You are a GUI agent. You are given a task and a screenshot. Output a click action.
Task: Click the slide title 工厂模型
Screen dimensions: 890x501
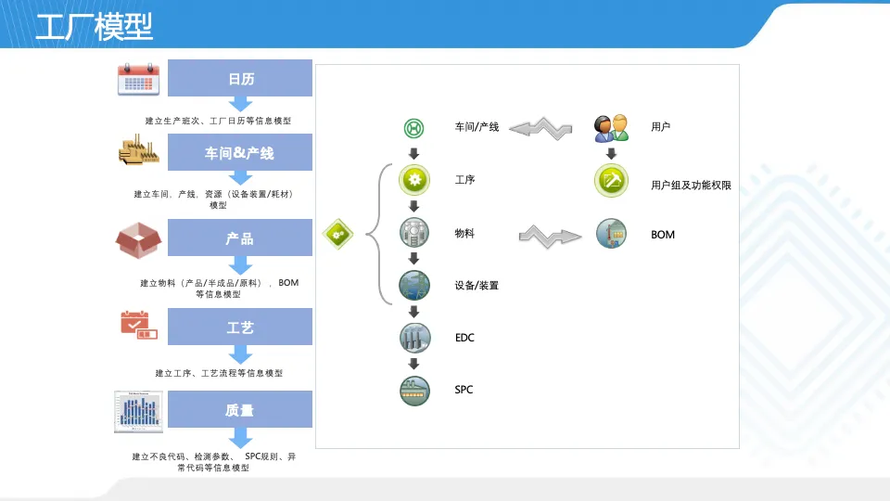coord(95,26)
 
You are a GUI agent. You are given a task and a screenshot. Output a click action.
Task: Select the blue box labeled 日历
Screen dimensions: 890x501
coord(240,78)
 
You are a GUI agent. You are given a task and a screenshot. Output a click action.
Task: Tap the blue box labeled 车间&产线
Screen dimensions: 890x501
coord(240,152)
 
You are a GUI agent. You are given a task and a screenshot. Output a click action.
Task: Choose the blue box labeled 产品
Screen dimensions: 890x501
coord(240,238)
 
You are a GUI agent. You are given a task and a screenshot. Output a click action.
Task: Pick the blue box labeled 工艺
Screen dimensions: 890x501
coord(240,327)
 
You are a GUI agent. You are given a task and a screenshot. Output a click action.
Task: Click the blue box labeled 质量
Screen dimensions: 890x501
coord(240,409)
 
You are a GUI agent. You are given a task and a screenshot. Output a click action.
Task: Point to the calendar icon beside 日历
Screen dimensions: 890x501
coord(138,79)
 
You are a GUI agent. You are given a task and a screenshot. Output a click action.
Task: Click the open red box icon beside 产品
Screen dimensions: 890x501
coord(138,239)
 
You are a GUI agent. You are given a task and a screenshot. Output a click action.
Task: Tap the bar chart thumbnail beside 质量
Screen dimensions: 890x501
coord(138,411)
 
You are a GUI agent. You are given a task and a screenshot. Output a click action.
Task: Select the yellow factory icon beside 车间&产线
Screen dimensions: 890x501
coord(138,150)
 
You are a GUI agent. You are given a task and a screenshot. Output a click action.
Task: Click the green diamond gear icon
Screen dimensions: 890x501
coord(337,234)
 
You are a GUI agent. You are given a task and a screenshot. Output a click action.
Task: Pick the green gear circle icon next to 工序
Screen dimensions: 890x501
coord(414,180)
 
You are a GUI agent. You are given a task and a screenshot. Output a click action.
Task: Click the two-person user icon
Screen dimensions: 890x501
coord(611,128)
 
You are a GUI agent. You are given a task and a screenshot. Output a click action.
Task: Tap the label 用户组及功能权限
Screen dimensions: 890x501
coord(691,186)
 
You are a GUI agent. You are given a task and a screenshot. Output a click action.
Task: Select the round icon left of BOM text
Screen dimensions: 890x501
coord(611,234)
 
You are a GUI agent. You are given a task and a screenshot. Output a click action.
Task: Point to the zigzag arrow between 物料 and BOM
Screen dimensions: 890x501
coord(550,237)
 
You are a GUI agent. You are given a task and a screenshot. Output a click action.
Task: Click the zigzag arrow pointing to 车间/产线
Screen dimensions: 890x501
coord(540,129)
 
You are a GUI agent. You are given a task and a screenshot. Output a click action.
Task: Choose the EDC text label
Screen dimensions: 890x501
coord(464,338)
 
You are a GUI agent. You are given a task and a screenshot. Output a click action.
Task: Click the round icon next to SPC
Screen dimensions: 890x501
coord(414,391)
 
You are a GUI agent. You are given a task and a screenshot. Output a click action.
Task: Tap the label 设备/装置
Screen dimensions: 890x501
coord(477,286)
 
